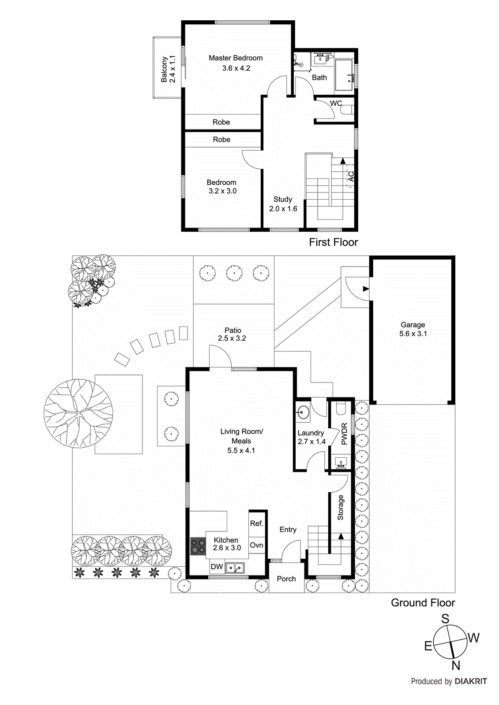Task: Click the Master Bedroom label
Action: tap(236, 58)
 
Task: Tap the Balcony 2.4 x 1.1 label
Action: tap(168, 69)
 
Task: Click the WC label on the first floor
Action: tap(336, 104)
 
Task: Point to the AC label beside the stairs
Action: tap(351, 176)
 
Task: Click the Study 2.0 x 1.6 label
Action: tap(283, 204)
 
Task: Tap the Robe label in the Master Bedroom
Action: tap(221, 122)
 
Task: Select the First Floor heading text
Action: tap(333, 242)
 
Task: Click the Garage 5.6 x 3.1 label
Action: tap(413, 329)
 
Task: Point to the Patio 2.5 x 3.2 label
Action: tap(232, 334)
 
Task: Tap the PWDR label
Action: tap(345, 434)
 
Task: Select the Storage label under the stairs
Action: tap(340, 508)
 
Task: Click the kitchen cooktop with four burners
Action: tap(198, 546)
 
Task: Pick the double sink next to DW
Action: tap(235, 568)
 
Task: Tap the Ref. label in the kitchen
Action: tap(256, 523)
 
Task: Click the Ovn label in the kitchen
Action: tap(256, 545)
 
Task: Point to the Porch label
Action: tap(286, 579)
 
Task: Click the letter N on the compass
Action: tap(456, 665)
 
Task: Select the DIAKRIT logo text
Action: tap(471, 681)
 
